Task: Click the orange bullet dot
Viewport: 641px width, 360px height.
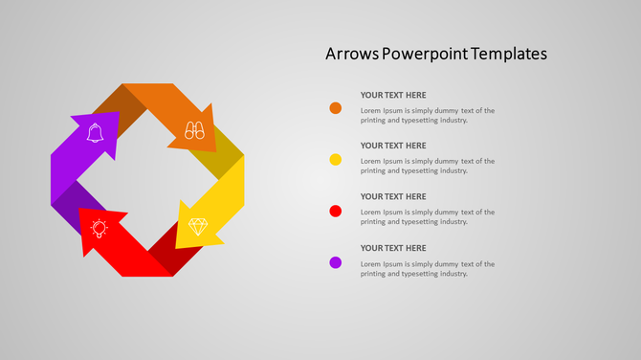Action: tap(336, 108)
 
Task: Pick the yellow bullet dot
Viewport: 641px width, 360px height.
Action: tap(336, 159)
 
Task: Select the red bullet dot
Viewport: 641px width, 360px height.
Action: tap(336, 211)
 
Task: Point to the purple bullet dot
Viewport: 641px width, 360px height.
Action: tap(336, 262)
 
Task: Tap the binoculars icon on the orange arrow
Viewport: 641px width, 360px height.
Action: tap(195, 129)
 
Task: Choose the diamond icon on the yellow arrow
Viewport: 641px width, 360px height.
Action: tap(198, 227)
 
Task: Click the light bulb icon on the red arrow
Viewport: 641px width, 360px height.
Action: tap(99, 228)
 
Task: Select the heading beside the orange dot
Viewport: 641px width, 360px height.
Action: tap(393, 95)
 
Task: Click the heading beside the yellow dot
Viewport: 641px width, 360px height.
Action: tap(393, 146)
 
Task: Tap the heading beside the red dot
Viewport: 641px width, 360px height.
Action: tap(393, 196)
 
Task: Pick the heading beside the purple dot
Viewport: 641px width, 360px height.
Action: tap(393, 248)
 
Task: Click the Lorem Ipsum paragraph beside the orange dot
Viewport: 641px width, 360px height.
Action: tap(427, 115)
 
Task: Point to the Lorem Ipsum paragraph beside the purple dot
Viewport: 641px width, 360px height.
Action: tap(427, 268)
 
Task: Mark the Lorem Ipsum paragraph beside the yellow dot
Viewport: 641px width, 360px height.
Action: tap(427, 166)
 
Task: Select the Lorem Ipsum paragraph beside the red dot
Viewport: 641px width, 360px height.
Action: tap(427, 216)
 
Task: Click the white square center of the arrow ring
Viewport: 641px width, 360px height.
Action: tap(146, 180)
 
